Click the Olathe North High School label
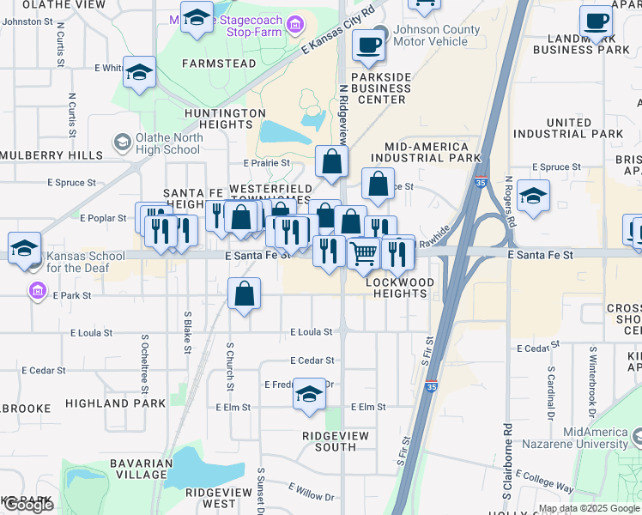168,143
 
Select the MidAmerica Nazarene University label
596,438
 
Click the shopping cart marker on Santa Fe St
364,252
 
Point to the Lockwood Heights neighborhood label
397,288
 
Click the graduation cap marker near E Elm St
309,394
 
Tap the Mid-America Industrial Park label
421,152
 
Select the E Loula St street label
311,331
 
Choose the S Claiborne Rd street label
508,463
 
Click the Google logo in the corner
27,505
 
